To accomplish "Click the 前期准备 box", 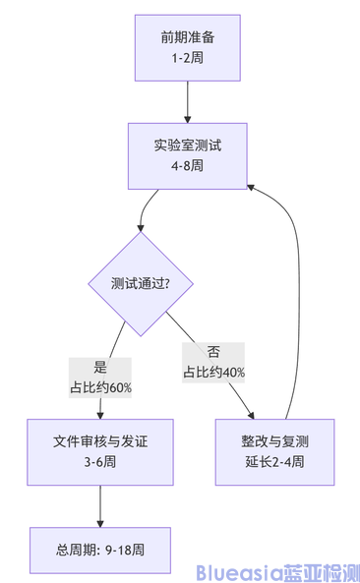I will [186, 47].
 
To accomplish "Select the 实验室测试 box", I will [186, 155].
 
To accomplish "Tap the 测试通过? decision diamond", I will [141, 283].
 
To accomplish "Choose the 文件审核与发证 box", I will [100, 451].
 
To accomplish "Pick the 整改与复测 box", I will [274, 451].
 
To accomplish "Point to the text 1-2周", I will [186, 58].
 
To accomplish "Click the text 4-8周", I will [186, 166].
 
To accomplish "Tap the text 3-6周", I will [100, 462].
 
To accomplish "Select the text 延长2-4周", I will [274, 462].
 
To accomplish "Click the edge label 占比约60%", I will [100, 387].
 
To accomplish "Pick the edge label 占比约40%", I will [213, 373].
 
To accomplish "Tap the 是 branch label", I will [100, 368].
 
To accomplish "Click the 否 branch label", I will [213, 353].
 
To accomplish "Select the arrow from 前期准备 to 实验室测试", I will [186, 101].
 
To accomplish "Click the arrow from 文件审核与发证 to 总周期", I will [100, 505].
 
